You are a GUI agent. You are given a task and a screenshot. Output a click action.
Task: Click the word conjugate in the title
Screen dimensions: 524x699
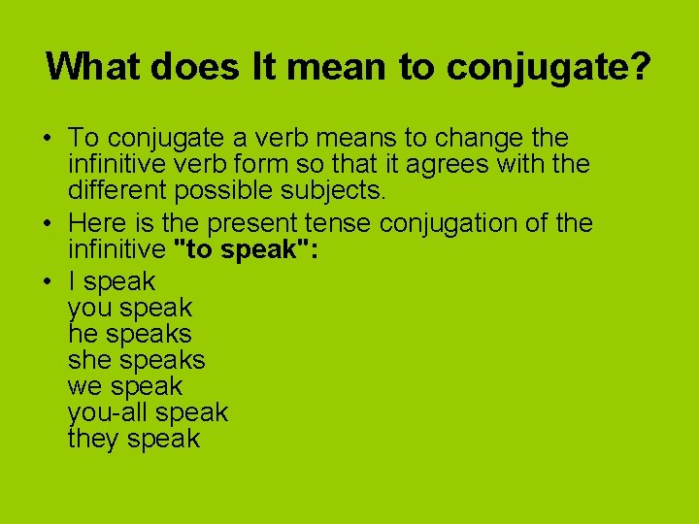click(537, 67)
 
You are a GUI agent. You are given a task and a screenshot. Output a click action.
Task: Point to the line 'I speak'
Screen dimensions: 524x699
click(112, 281)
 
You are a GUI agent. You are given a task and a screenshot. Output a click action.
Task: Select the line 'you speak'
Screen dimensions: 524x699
click(130, 308)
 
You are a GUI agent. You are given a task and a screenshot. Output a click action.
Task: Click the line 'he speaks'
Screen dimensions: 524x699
click(130, 334)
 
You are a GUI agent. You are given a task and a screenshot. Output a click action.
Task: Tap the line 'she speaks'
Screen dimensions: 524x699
click(137, 360)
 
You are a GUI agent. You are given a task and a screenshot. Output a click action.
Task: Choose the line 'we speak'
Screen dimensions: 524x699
click(125, 386)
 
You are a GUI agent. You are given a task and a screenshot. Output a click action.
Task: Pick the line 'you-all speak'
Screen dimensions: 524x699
click(148, 412)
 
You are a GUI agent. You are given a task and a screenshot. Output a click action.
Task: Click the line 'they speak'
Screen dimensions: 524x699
click(134, 439)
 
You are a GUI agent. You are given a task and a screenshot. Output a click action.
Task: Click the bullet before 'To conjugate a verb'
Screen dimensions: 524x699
click(49, 138)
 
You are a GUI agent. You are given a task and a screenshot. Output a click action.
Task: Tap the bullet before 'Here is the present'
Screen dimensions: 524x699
click(49, 223)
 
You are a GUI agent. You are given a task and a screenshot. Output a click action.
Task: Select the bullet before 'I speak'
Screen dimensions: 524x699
click(49, 281)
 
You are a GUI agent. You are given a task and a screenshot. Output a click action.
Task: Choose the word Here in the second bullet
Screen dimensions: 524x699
click(99, 223)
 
